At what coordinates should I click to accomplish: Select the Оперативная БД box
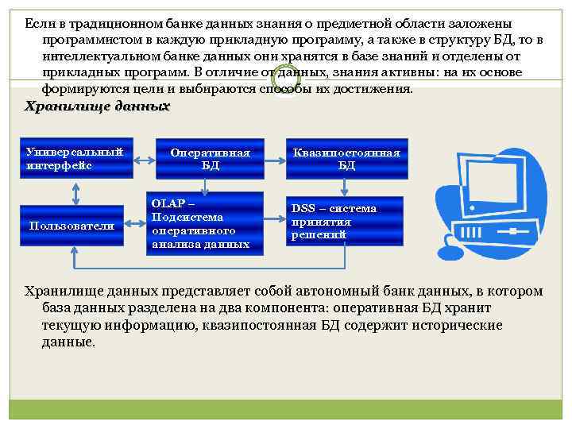[x=210, y=159]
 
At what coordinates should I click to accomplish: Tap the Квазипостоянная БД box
[x=346, y=159]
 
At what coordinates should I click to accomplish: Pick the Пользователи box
[x=72, y=226]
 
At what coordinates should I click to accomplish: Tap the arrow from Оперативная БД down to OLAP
[x=206, y=185]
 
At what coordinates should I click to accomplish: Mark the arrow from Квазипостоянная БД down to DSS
[x=343, y=188]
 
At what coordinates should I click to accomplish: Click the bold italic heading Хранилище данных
[x=98, y=106]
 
